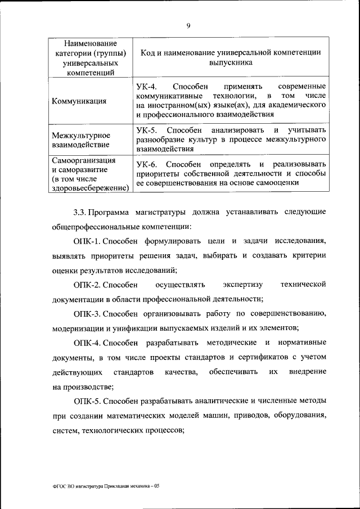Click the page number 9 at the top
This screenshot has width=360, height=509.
(188, 25)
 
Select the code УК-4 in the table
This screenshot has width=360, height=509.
(147, 86)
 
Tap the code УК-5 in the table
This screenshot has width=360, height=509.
(147, 130)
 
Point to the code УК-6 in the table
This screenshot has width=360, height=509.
(147, 163)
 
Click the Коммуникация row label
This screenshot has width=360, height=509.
(79, 101)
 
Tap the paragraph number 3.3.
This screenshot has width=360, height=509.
(80, 213)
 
